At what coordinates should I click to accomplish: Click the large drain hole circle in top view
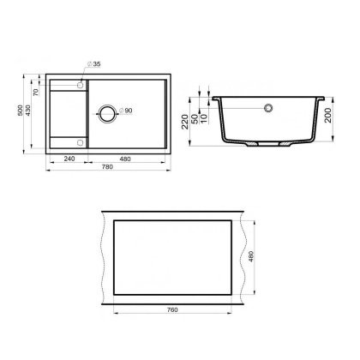(x=107, y=111)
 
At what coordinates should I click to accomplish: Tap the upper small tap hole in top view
(x=81, y=83)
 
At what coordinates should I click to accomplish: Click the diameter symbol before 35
(x=88, y=64)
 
